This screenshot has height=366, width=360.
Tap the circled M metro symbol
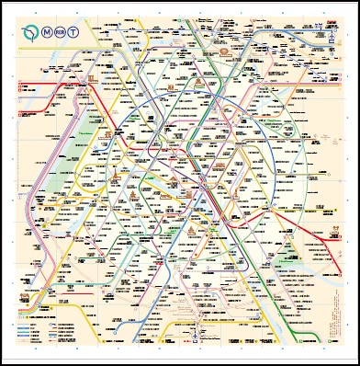[x=47, y=32]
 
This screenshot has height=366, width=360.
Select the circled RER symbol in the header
[x=61, y=32]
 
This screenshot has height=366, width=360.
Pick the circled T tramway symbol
[x=73, y=32]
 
